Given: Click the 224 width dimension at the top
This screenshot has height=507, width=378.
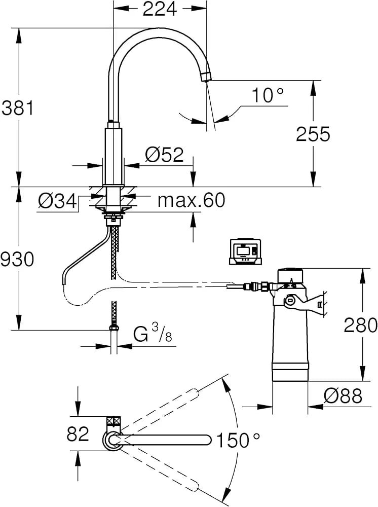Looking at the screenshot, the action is coord(160,9).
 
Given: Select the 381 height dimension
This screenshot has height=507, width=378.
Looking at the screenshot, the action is coord(17,108).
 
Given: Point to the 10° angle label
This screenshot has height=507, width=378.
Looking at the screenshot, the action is coord(268,95).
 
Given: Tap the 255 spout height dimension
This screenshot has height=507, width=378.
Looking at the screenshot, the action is coord(313,134).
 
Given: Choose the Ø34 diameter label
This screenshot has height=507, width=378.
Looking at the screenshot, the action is coord(57,201).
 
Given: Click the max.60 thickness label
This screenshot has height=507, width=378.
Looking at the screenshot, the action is coord(191,200).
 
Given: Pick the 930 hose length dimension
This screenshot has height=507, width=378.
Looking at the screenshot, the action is coord(17,259).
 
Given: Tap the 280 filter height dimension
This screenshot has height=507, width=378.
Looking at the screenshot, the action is coord(360,325).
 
